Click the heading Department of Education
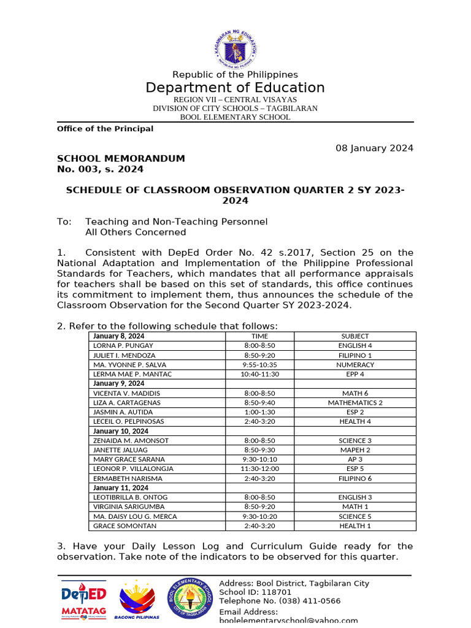point(235,88)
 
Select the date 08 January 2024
point(374,148)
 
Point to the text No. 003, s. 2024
point(100,169)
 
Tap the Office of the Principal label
point(105,129)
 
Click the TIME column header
point(259,336)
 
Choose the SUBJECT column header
point(355,336)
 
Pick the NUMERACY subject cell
point(355,365)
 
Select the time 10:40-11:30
point(259,374)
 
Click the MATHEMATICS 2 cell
point(355,403)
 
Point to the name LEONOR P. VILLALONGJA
point(133,469)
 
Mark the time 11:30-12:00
point(259,469)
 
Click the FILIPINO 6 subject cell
point(355,478)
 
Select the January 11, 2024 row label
point(121,488)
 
